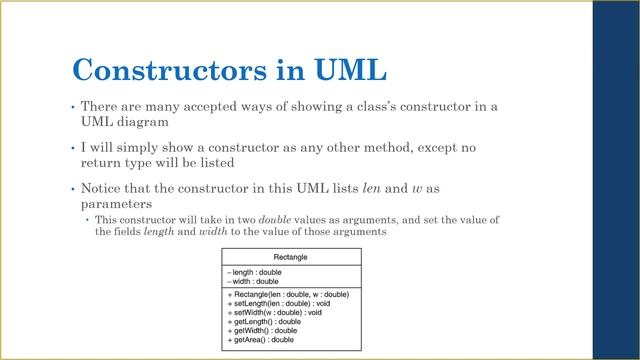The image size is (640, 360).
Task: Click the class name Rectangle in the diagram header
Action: point(290,257)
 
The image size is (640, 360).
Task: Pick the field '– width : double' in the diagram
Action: point(253,282)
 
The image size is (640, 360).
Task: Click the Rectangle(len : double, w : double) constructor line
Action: point(288,295)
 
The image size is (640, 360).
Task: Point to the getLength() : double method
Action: point(264,322)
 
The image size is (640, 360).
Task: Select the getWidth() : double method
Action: point(262,331)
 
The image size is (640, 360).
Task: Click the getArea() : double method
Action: point(261,340)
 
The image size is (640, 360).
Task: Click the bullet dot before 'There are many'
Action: point(72,107)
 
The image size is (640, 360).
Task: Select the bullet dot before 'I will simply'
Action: point(72,148)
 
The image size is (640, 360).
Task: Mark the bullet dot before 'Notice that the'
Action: point(72,188)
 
